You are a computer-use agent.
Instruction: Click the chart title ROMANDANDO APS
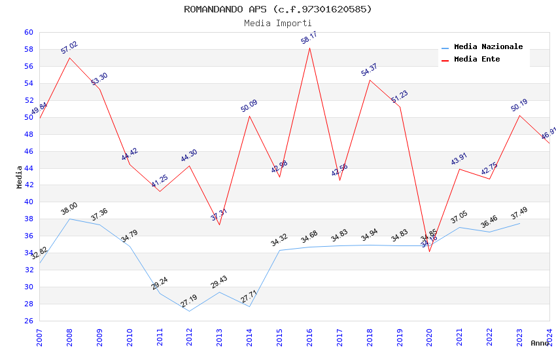(278, 9)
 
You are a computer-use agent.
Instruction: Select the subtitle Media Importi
(278, 23)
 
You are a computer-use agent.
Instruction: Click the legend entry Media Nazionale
(488, 46)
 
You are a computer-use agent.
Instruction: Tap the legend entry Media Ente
(477, 59)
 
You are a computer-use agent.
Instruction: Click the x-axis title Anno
(540, 343)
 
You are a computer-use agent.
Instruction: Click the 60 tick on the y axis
(29, 32)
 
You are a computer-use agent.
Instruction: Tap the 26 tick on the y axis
(29, 321)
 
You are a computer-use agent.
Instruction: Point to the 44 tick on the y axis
(29, 168)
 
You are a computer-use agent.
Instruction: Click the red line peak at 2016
(309, 48)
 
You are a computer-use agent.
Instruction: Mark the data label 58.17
(309, 37)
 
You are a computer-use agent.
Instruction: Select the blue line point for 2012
(190, 311)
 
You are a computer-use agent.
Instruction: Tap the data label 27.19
(189, 302)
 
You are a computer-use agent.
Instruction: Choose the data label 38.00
(69, 209)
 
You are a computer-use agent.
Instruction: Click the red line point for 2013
(219, 225)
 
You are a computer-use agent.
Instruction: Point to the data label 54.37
(370, 70)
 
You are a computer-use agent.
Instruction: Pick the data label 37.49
(519, 213)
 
